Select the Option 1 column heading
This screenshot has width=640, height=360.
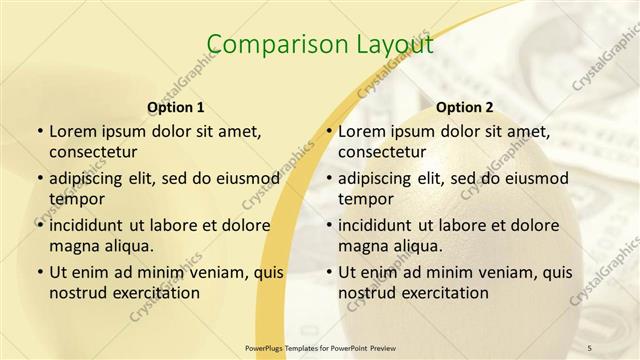tap(176, 107)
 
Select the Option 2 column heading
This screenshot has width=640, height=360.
tap(465, 107)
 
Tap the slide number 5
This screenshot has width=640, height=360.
tap(590, 347)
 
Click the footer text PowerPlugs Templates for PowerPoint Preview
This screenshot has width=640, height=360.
tap(321, 347)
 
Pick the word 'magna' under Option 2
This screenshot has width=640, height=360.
tap(362, 246)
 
